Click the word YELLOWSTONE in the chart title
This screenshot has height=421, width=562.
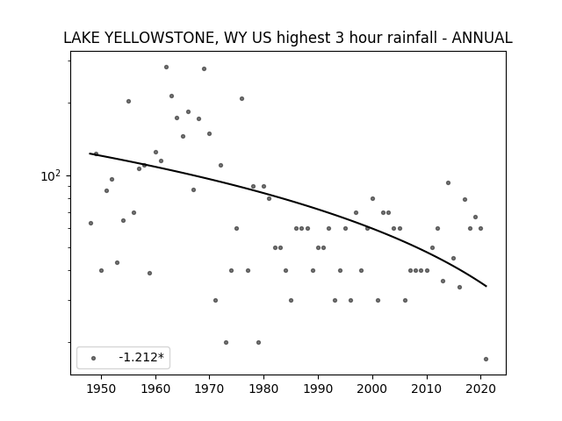coord(159,38)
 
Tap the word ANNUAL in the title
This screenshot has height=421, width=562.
coord(482,38)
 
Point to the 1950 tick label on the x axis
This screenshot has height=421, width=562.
coord(102,389)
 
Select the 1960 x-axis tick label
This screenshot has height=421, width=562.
coord(155,389)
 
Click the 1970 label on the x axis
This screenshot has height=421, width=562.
coord(210,389)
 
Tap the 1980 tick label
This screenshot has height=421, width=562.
coord(263,389)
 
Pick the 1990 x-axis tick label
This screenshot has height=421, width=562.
coord(318,389)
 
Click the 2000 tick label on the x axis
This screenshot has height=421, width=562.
coord(372,389)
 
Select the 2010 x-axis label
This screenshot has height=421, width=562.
coord(427,389)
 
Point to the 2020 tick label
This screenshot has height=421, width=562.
coord(480,389)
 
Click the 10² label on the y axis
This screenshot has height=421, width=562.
coord(51,175)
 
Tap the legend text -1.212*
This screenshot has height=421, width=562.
coord(141,357)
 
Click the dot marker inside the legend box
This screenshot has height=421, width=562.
coord(94,358)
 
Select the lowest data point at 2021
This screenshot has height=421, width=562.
coord(486,359)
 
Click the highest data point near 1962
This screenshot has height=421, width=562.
coord(166,67)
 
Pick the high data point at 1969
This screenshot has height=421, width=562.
coord(204,68)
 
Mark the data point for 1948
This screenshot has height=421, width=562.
coord(90,223)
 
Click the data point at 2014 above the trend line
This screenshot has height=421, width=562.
coord(448,183)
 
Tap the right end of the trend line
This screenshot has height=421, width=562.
coord(486,286)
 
